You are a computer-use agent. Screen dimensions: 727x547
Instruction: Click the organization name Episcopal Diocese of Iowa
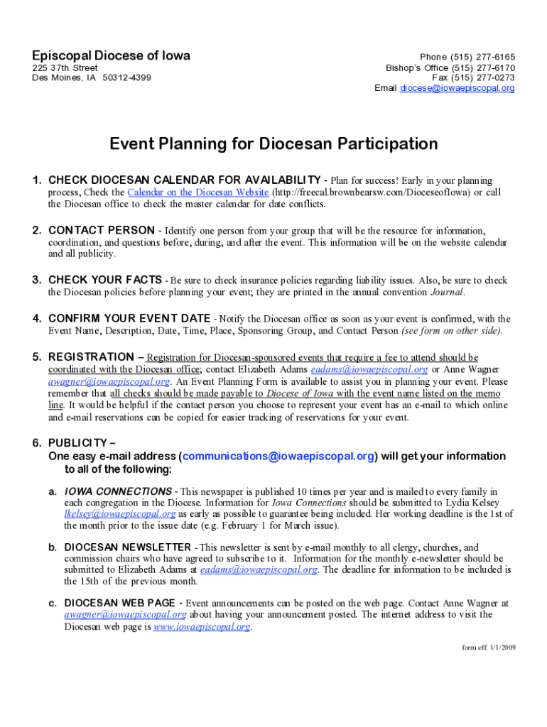pos(111,55)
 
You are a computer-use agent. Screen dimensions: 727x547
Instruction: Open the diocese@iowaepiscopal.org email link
pos(457,88)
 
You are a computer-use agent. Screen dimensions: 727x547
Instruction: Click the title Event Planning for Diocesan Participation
pos(273,144)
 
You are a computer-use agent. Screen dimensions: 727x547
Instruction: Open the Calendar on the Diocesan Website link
pos(198,192)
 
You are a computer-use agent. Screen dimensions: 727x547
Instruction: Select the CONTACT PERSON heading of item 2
pos(101,230)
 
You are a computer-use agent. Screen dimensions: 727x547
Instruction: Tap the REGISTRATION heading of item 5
pos(91,356)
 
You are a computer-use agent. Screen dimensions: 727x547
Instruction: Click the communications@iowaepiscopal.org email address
pos(278,456)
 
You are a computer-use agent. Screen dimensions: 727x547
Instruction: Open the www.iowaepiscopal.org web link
pos(202,627)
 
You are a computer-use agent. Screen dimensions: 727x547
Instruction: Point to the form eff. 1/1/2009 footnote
pos(488,648)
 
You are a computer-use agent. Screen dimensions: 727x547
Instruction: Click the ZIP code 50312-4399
pos(126,77)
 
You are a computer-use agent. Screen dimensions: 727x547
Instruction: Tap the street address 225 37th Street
pos(65,67)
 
